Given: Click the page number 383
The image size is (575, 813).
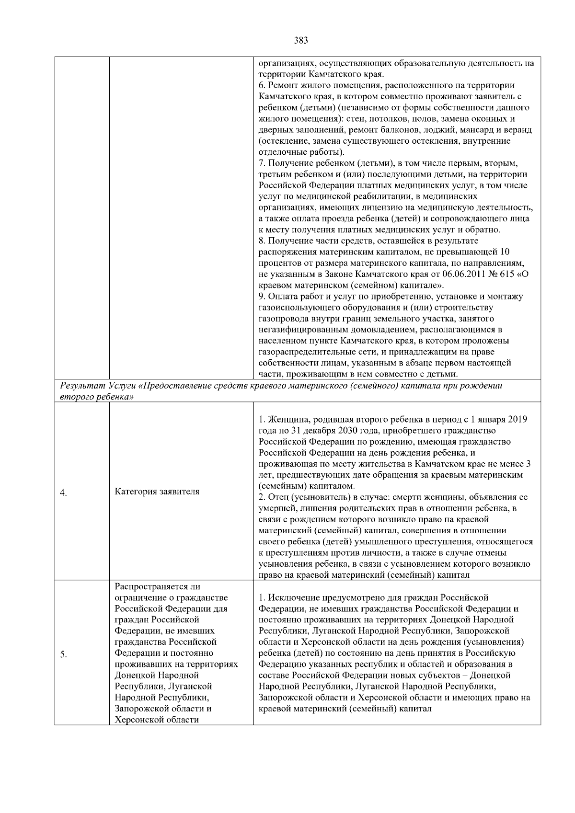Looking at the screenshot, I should pyautogui.click(x=300, y=41).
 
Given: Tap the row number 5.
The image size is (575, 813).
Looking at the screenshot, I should pyautogui.click(x=63, y=655).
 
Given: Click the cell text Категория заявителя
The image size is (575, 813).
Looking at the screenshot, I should pyautogui.click(x=157, y=492).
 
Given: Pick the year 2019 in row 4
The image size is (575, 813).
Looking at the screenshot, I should pyautogui.click(x=517, y=420).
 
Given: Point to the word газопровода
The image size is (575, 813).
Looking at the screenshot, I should pyautogui.click(x=282, y=319).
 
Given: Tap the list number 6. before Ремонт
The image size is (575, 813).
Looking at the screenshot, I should pyautogui.click(x=262, y=86).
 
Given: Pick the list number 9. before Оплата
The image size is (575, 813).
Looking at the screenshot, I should pyautogui.click(x=262, y=297).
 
